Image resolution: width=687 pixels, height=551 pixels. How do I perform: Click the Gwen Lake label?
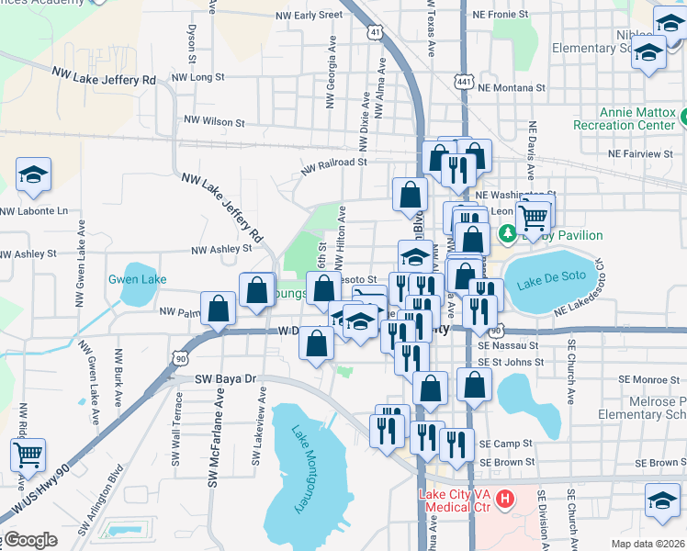tap(137, 279)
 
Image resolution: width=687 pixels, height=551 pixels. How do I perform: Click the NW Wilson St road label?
tap(214, 120)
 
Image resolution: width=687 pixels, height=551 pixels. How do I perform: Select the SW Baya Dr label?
tap(225, 378)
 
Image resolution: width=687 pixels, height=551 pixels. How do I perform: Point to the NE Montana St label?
tap(512, 87)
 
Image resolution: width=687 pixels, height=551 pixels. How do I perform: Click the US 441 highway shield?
tap(463, 83)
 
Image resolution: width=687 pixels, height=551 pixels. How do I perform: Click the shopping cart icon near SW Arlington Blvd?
tap(28, 455)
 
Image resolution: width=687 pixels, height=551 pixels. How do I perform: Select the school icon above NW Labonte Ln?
tap(33, 174)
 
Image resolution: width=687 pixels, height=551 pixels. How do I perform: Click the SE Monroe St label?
tap(648, 378)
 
